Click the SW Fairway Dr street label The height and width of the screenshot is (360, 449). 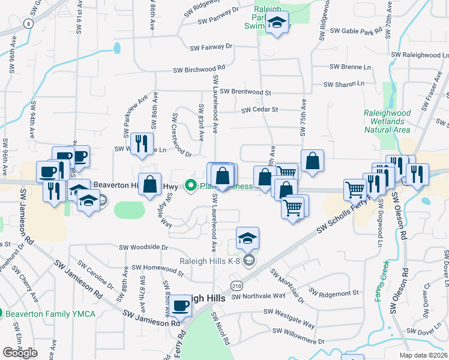pyautogui.click(x=211, y=47)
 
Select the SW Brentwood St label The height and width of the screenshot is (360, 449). pyautogui.click(x=246, y=92)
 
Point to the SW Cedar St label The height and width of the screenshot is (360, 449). pyautogui.click(x=260, y=110)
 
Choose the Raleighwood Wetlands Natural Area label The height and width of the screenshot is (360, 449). pyautogui.click(x=387, y=121)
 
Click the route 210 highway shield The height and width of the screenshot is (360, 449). pyautogui.click(x=238, y=284)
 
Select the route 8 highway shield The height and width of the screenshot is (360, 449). pyautogui.click(x=28, y=23)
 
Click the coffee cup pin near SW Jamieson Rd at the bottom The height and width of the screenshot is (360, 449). pyautogui.click(x=180, y=307)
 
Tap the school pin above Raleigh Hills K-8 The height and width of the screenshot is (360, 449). pyautogui.click(x=247, y=239)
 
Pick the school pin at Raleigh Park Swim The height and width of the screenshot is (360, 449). pyautogui.click(x=276, y=23)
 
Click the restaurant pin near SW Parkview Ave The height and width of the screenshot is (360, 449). pyautogui.click(x=141, y=143)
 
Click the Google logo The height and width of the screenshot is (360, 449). pyautogui.click(x=20, y=353)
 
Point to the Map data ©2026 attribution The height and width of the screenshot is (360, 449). pyautogui.click(x=424, y=355)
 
